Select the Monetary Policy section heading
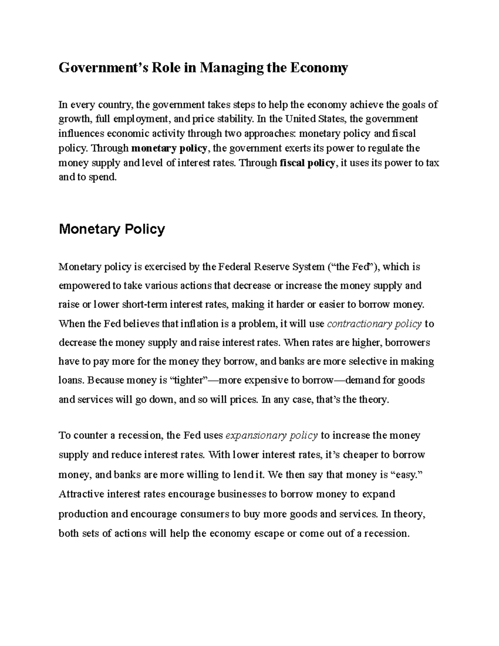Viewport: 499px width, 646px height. [x=112, y=229]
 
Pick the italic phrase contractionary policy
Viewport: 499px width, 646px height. [x=375, y=324]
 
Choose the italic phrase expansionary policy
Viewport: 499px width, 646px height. [x=272, y=436]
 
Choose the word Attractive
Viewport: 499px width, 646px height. [x=82, y=494]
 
